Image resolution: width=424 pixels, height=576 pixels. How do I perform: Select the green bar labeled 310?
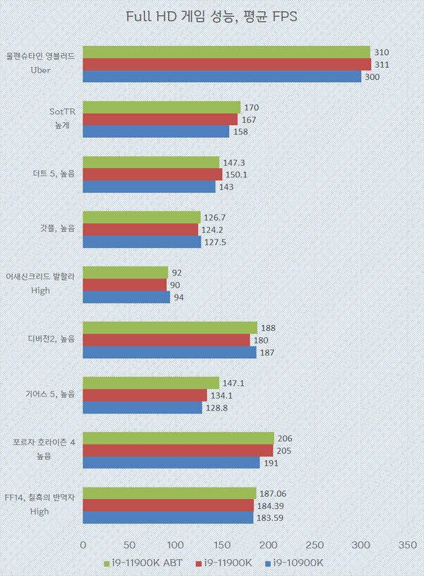pyautogui.click(x=226, y=52)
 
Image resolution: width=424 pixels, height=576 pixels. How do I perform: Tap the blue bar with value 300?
pyautogui.click(x=222, y=76)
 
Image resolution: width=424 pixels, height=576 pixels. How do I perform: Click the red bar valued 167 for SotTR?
pyautogui.click(x=160, y=119)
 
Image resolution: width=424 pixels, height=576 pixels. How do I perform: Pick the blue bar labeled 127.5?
pyautogui.click(x=142, y=242)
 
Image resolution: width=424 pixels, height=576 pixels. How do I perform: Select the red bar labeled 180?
pyautogui.click(x=166, y=340)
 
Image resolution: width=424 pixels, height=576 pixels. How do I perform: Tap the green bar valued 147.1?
pyautogui.click(x=151, y=382)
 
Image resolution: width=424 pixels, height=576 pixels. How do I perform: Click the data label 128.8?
pyautogui.click(x=217, y=407)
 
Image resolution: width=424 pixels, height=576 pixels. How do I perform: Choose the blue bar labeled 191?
pyautogui.click(x=171, y=462)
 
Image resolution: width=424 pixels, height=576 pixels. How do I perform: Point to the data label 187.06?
pyautogui.click(x=275, y=493)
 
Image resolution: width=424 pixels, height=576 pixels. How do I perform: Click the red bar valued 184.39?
pyautogui.click(x=168, y=505)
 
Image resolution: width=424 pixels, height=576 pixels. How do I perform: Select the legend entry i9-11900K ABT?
pyautogui.click(x=143, y=563)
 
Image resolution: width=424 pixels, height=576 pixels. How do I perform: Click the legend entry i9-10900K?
pyautogui.click(x=296, y=563)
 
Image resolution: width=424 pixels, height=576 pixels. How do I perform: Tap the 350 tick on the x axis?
pyautogui.click(x=407, y=545)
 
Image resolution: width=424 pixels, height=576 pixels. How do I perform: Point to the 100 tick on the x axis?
pyautogui.click(x=175, y=545)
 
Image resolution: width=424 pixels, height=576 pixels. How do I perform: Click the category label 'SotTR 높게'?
pyautogui.click(x=63, y=114)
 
